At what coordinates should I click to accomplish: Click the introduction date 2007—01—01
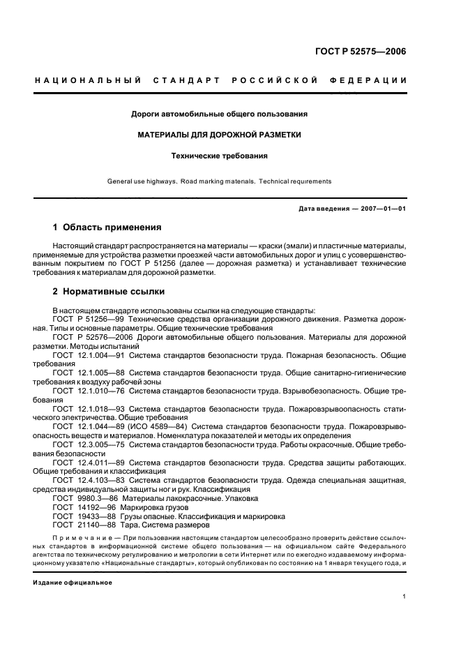click(382, 209)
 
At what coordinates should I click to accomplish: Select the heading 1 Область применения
click(107, 227)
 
